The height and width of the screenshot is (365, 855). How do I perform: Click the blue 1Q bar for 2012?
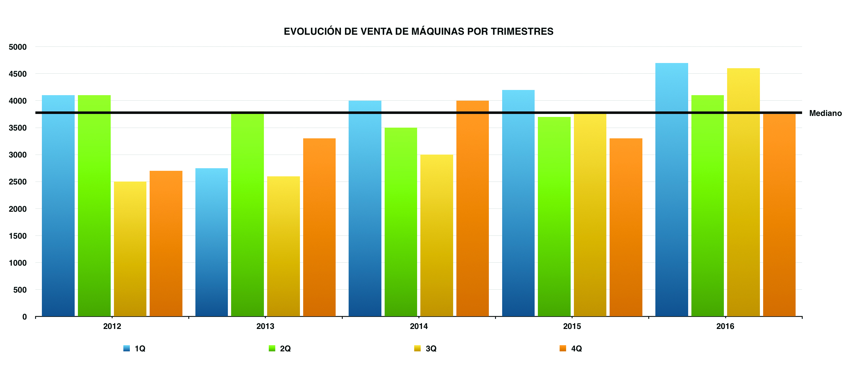pyautogui.click(x=58, y=206)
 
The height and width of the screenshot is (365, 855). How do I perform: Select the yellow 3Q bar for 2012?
pyautogui.click(x=130, y=249)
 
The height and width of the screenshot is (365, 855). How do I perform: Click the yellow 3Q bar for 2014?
pyautogui.click(x=437, y=236)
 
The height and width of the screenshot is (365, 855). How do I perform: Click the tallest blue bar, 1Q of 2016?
pyautogui.click(x=672, y=190)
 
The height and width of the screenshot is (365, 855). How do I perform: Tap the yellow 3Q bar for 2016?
pyautogui.click(x=743, y=192)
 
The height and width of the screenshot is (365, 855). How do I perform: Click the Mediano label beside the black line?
pyautogui.click(x=825, y=113)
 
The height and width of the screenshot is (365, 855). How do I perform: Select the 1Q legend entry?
pyautogui.click(x=140, y=348)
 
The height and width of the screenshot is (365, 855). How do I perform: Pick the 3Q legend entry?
pyautogui.click(x=431, y=348)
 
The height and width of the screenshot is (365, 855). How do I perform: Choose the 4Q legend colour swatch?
pyautogui.click(x=563, y=348)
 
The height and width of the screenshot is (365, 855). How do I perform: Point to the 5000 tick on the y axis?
pyautogui.click(x=18, y=47)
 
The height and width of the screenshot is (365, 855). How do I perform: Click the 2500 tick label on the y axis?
pyautogui.click(x=18, y=182)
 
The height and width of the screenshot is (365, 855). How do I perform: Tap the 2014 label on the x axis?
pyautogui.click(x=418, y=326)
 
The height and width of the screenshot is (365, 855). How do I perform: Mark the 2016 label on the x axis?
pyautogui.click(x=725, y=326)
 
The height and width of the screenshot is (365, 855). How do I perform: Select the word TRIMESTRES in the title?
pyautogui.click(x=522, y=31)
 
